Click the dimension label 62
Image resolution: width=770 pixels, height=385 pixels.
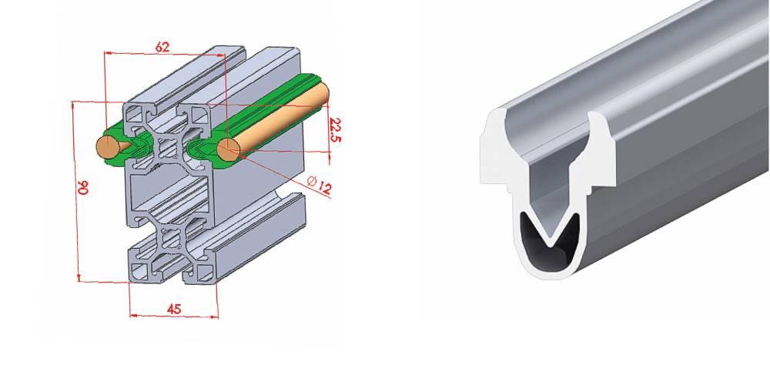pyautogui.click(x=162, y=47)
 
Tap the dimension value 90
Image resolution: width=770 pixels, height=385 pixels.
pyautogui.click(x=83, y=187)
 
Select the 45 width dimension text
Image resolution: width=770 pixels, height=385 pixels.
pyautogui.click(x=174, y=309)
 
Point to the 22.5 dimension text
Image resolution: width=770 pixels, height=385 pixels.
pyautogui.click(x=335, y=129)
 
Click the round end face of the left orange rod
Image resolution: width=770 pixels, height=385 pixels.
pyautogui.click(x=107, y=147)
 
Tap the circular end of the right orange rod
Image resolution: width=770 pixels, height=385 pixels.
pyautogui.click(x=228, y=150)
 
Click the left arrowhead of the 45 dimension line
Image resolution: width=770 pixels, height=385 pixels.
pyautogui.click(x=132, y=315)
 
